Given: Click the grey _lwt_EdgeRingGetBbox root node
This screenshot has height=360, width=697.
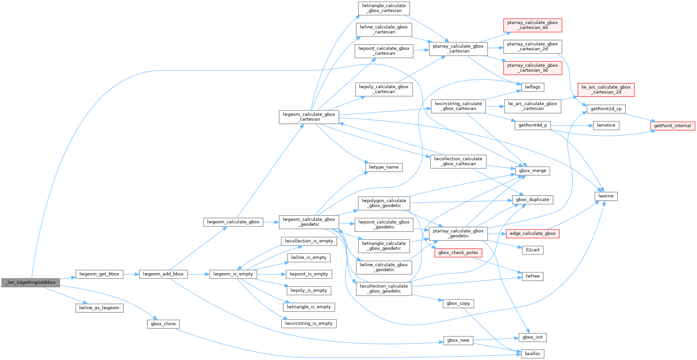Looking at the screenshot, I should pos(31,283).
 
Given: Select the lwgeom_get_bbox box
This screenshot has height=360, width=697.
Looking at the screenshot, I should pos(99,274).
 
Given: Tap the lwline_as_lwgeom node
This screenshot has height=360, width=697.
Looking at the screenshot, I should pos(99,308).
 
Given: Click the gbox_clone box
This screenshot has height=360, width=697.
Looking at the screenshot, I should pos(163,324).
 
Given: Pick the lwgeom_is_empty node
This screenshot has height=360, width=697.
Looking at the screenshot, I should pos(233,274).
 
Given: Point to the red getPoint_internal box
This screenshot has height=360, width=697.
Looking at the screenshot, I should pos(672,126).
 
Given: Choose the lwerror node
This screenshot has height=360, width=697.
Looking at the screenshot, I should pos(606,196).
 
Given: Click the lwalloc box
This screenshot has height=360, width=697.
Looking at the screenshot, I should pos(532,354).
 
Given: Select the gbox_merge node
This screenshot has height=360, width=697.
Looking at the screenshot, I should pos(532,171).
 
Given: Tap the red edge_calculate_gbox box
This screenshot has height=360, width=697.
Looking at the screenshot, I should pos(532,234).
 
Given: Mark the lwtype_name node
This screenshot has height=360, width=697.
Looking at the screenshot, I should pos(384,167).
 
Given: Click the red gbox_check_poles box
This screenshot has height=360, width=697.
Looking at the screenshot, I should pos(458,253).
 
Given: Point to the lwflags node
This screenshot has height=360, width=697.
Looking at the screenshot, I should pos(532,87).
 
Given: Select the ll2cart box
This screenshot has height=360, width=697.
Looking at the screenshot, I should pos(532,250).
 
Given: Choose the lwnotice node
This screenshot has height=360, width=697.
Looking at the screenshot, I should pos(606,126).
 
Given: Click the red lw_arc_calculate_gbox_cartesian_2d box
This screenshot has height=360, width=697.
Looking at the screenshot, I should pos(606,90).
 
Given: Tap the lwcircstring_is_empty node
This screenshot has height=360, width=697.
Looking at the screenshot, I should pos(309,324).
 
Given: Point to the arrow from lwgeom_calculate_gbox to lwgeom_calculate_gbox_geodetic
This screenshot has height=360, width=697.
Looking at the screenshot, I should pos(271,222).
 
